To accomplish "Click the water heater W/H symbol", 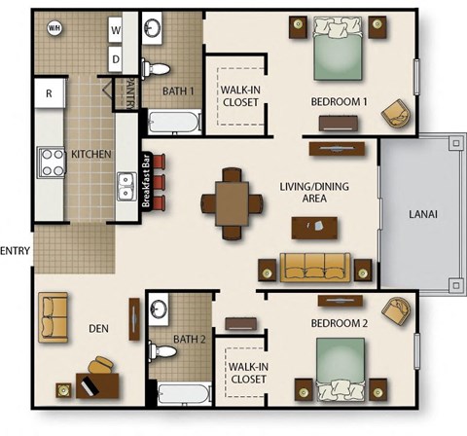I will point(53,28).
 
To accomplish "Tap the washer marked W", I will point(115,30).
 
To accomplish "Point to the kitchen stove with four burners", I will point(52,160).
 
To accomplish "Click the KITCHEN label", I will point(91,155).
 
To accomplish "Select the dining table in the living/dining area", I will point(233,203).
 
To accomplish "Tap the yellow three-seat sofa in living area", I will point(314,267).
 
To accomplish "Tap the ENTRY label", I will point(17,251).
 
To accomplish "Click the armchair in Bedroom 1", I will point(396,114).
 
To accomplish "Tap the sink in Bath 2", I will point(162,310).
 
